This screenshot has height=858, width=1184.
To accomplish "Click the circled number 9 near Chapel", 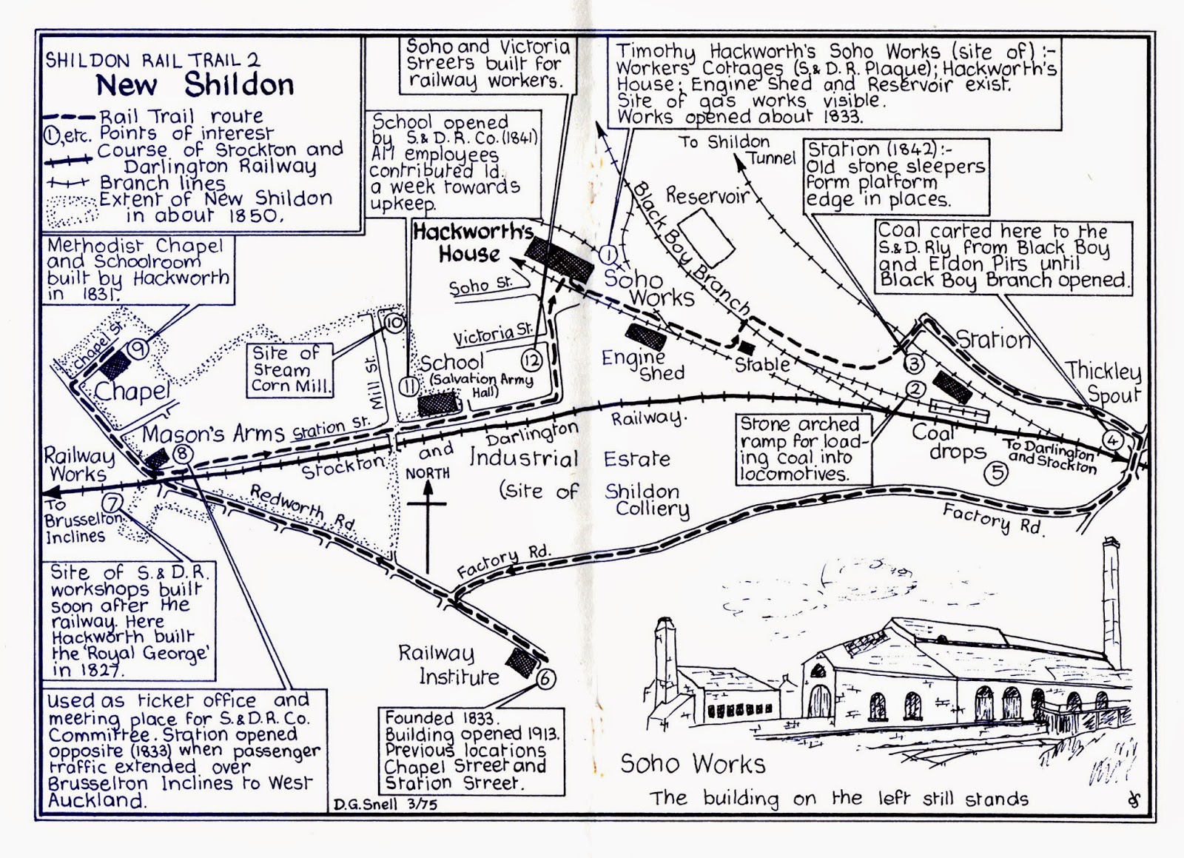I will click(x=138, y=349).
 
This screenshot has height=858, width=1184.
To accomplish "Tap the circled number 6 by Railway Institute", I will click(x=545, y=678).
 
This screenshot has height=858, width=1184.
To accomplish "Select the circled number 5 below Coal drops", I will click(x=997, y=472).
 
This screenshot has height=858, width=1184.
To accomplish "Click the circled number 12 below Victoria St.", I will click(x=532, y=361).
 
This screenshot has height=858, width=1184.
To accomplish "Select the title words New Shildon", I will click(x=195, y=85).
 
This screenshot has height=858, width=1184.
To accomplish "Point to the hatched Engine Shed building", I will click(x=645, y=337).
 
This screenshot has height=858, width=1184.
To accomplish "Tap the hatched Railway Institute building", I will click(x=521, y=661).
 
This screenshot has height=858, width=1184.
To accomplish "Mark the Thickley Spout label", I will click(x=1103, y=383).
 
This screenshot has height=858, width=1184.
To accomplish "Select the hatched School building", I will click(x=438, y=404).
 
